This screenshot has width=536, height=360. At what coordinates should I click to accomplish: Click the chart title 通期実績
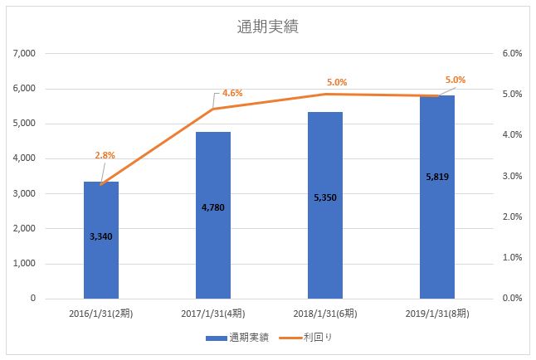pyautogui.click(x=268, y=27)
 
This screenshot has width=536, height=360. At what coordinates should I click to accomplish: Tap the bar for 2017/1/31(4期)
pyautogui.click(x=213, y=249)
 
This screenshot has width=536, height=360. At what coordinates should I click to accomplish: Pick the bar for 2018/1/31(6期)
pyautogui.click(x=325, y=249)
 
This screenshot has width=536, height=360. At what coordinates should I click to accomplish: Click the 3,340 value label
pyautogui.click(x=101, y=236)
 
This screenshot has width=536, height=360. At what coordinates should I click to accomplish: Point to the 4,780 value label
pyautogui.click(x=213, y=207)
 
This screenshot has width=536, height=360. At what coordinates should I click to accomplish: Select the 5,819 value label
pyautogui.click(x=437, y=177)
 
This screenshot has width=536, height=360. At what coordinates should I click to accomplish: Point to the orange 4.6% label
pyautogui.click(x=232, y=93)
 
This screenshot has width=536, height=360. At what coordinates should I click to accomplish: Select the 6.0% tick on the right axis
pyautogui.click(x=511, y=53)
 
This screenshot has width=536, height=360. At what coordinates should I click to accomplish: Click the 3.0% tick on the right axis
pyautogui.click(x=511, y=176)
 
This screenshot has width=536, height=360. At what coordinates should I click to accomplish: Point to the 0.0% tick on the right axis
pyautogui.click(x=511, y=299)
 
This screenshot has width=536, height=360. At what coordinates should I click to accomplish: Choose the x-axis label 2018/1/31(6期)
pyautogui.click(x=325, y=315)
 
